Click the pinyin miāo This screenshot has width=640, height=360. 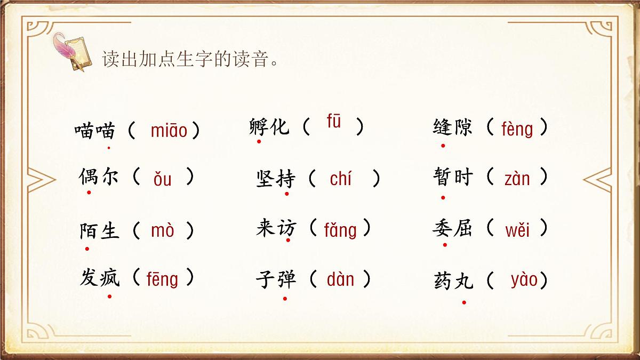(x=169, y=130)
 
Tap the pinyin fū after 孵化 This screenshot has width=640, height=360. (x=334, y=122)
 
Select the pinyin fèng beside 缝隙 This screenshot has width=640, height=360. (x=517, y=129)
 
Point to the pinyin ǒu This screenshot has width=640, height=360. (x=163, y=179)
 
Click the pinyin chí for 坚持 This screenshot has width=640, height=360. (x=341, y=179)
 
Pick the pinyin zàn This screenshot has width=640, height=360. (x=517, y=179)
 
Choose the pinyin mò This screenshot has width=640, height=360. (x=163, y=230)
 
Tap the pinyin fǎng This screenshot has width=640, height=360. (x=340, y=230)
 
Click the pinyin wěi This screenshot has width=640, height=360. (x=517, y=230)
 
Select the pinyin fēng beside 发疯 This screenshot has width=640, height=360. (x=162, y=279)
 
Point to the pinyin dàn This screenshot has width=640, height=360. (x=340, y=279)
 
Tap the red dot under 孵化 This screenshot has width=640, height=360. (x=259, y=141)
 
